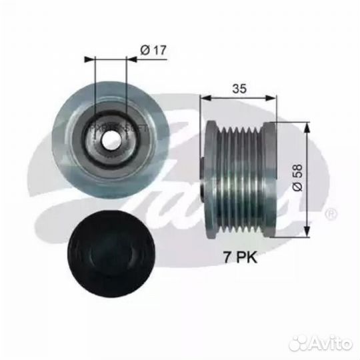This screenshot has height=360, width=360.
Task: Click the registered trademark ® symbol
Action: pos(331,215)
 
